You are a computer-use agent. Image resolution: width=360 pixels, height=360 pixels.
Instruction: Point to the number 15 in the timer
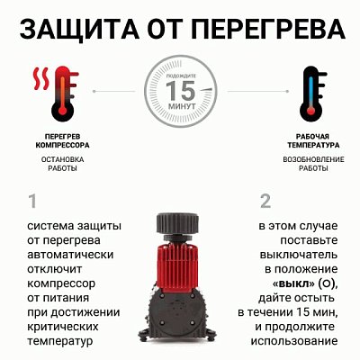181,91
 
